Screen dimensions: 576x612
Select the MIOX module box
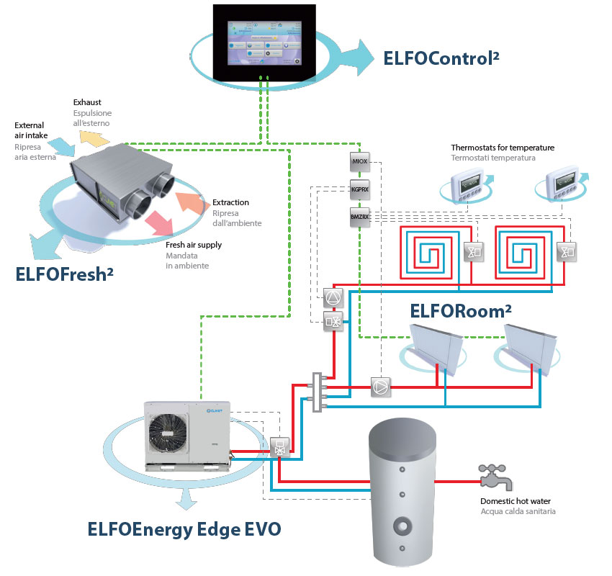tap(360, 161)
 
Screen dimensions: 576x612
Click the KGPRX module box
tap(360, 191)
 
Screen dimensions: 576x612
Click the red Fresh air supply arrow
tap(156, 222)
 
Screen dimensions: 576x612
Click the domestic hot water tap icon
tap(495, 474)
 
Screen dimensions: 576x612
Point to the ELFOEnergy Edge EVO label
tap(184, 530)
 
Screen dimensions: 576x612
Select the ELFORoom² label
tap(461, 310)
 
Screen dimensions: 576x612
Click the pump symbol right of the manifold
tap(380, 387)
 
